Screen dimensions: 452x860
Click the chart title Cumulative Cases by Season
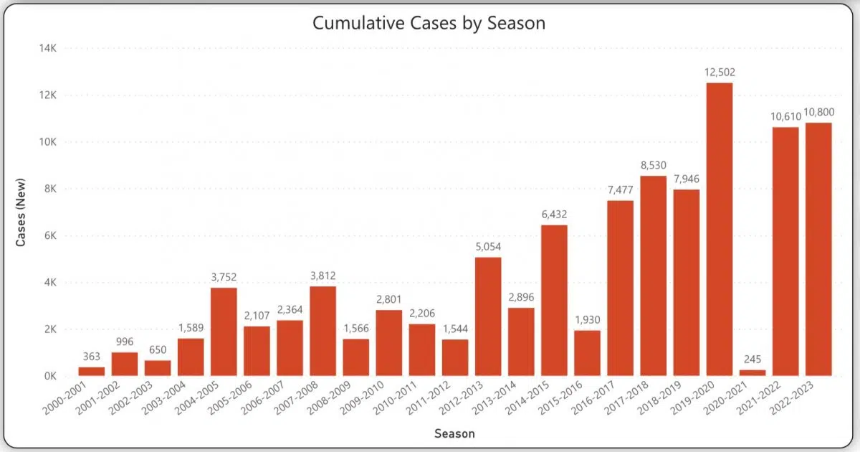(x=429, y=23)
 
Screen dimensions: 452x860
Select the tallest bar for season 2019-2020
(x=719, y=229)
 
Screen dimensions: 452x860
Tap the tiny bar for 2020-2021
(x=752, y=372)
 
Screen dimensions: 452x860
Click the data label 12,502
(x=719, y=72)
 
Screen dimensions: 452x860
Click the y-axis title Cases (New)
(x=21, y=212)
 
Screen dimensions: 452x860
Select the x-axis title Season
(x=454, y=433)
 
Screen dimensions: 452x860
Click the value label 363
(x=92, y=356)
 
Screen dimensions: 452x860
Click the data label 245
(x=752, y=359)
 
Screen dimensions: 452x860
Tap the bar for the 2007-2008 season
(x=322, y=331)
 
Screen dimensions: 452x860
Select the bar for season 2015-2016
(x=587, y=352)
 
